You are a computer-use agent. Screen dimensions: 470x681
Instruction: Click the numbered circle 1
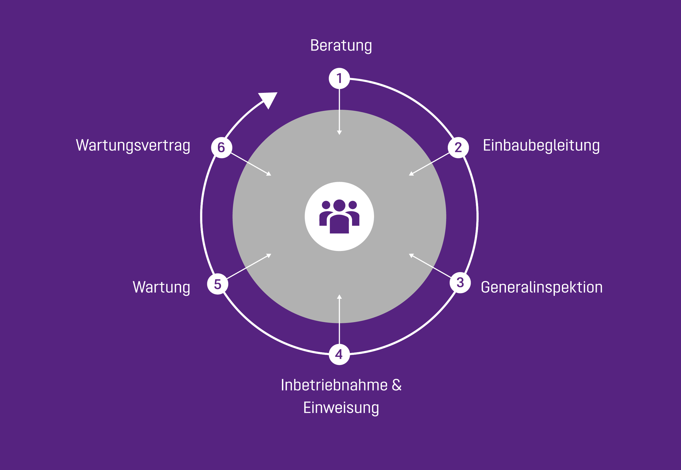tap(339, 78)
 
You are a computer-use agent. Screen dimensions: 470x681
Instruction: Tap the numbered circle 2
tap(458, 148)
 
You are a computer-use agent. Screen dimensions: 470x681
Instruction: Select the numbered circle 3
tap(460, 283)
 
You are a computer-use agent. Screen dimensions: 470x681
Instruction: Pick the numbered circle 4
tap(339, 354)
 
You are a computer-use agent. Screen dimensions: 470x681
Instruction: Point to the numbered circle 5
tap(218, 284)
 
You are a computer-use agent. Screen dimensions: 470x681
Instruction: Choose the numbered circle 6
tap(222, 148)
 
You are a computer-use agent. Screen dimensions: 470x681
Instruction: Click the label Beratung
tap(341, 46)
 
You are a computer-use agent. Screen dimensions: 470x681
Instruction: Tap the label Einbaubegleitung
tap(541, 145)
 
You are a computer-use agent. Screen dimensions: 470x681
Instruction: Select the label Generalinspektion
tap(542, 287)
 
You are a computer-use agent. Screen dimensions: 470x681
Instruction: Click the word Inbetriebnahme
tap(334, 385)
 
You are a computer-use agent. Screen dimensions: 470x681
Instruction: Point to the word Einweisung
tap(341, 408)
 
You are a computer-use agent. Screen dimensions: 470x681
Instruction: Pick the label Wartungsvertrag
tap(133, 145)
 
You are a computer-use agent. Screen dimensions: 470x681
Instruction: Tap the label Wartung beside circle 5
tap(161, 287)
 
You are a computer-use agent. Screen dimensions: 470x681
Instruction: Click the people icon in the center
tap(339, 217)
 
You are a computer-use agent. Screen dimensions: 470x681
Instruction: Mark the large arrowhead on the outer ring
tap(268, 99)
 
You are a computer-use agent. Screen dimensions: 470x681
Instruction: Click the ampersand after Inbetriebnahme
tap(397, 385)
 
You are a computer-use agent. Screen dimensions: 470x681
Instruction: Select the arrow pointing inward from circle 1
tap(339, 112)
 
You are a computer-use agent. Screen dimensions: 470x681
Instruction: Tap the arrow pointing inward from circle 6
tap(250, 164)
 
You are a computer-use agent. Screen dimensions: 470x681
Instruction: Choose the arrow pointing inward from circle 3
tap(431, 266)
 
